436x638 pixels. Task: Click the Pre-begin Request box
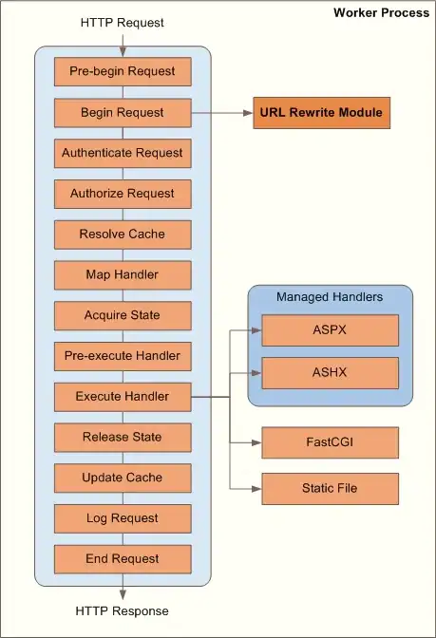click(x=122, y=72)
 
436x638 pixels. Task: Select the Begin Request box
click(x=122, y=113)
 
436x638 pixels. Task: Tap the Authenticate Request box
click(x=122, y=153)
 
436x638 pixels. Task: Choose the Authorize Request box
click(x=122, y=194)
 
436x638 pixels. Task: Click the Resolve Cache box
click(x=122, y=235)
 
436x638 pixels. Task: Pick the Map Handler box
click(x=122, y=275)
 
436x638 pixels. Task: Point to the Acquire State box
click(x=122, y=315)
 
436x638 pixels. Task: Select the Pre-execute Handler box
click(x=122, y=356)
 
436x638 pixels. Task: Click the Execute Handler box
click(x=122, y=396)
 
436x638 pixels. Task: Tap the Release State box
click(x=122, y=437)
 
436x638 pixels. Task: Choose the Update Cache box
click(x=122, y=478)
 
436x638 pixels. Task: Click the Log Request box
click(x=122, y=518)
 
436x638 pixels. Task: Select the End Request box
click(x=122, y=558)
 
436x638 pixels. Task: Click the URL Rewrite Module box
click(x=321, y=113)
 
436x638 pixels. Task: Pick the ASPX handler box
click(x=330, y=330)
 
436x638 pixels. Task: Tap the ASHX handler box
click(x=330, y=372)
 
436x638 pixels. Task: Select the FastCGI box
click(x=330, y=442)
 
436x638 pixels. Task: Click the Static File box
click(x=330, y=488)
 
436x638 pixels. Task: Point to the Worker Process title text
click(x=381, y=12)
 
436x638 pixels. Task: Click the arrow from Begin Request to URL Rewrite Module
click(x=220, y=113)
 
